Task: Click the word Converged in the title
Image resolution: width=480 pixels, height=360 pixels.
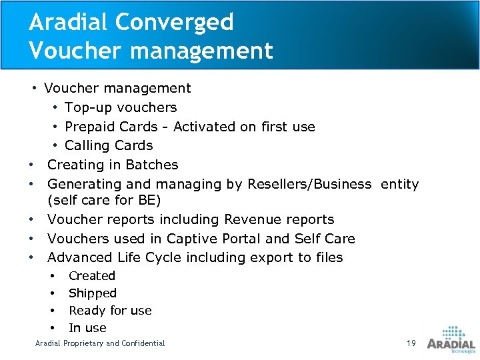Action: tap(174, 22)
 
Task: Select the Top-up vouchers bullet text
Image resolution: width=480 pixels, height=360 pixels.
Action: tap(121, 107)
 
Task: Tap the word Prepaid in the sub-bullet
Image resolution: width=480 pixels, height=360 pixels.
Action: tap(90, 127)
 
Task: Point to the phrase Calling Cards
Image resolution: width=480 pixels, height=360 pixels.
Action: tap(109, 145)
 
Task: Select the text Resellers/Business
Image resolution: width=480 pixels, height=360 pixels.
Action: tap(309, 184)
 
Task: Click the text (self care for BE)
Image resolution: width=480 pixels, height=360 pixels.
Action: tap(104, 200)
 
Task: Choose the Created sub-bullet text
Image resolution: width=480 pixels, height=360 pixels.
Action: tap(92, 276)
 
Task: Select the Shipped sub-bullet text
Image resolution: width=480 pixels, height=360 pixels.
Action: tap(93, 293)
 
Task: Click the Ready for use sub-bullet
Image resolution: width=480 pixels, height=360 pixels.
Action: tap(110, 311)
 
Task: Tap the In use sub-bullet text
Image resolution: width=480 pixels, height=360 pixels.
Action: tap(87, 328)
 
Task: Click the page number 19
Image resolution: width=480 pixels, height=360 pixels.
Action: tap(411, 343)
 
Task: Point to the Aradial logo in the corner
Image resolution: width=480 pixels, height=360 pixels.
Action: tap(451, 340)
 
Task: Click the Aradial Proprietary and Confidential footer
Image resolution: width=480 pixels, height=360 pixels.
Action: tap(100, 343)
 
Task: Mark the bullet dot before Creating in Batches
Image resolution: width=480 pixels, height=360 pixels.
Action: tap(31, 165)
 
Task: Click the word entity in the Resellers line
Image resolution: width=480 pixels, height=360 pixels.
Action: tap(400, 184)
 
